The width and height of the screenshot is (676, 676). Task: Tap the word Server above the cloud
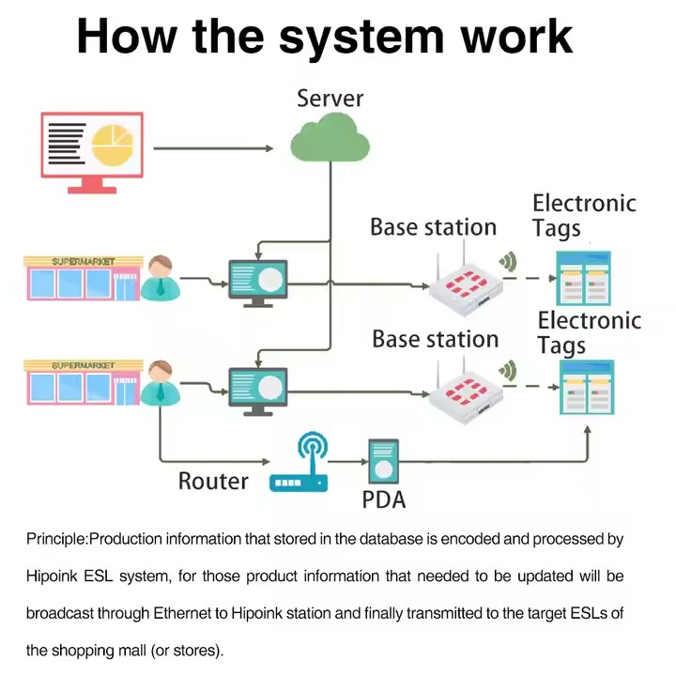coord(330,97)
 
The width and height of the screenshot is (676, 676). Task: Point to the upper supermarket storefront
coord(84,277)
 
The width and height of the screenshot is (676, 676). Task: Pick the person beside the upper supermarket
coord(161,277)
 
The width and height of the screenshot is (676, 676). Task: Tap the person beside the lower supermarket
coord(161,382)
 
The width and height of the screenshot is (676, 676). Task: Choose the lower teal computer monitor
coord(258,388)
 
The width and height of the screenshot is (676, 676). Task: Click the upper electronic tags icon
coord(584,278)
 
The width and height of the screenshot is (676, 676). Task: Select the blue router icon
coord(299,464)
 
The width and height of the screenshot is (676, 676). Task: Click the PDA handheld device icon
coord(382,462)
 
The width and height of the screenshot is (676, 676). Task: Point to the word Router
coord(213,482)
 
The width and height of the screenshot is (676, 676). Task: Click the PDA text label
coord(384,499)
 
